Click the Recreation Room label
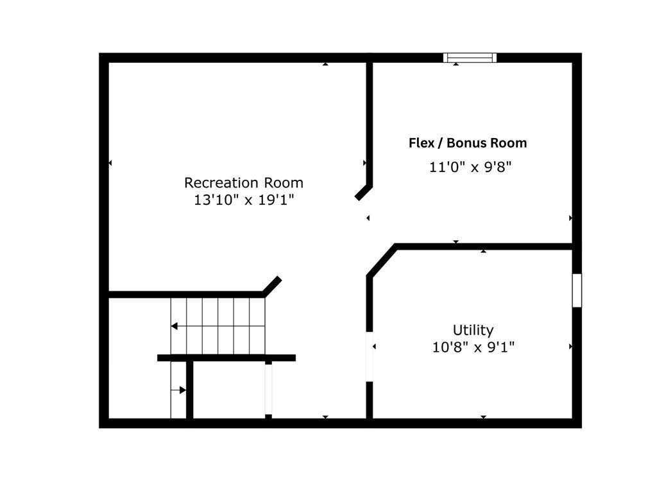(243, 183)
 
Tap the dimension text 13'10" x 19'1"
(243, 200)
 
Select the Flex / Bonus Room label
(468, 143)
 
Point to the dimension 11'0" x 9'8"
(470, 168)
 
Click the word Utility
(473, 331)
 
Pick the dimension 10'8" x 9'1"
(473, 347)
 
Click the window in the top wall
(470, 58)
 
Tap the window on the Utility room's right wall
(577, 291)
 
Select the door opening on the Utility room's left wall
(370, 357)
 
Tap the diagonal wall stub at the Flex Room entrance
(363, 193)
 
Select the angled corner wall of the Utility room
(381, 260)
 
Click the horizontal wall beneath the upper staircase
(226, 358)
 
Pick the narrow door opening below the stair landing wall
(269, 390)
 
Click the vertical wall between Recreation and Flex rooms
(370, 124)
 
